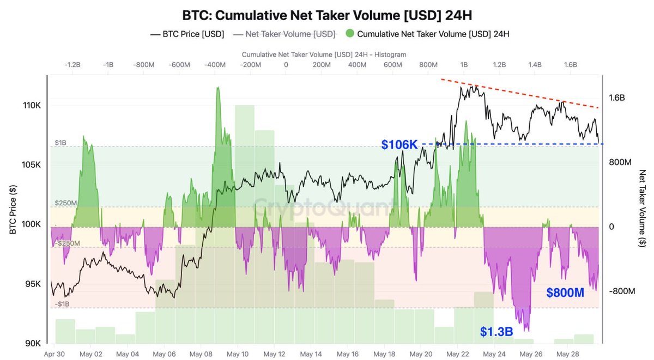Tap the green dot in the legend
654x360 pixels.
pos(350,34)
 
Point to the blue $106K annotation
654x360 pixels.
pos(399,144)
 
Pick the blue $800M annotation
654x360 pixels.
pos(565,293)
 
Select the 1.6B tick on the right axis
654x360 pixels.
pos(617,98)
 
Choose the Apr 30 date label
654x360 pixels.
pos(54,353)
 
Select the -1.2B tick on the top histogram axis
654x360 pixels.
pos(73,65)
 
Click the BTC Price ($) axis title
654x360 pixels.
pos(13,210)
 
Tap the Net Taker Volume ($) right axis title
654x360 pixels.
pos(643,209)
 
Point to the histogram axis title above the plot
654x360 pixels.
pos(324,54)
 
